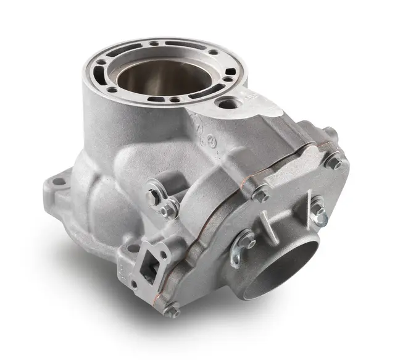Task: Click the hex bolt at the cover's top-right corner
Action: coord(334,163)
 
